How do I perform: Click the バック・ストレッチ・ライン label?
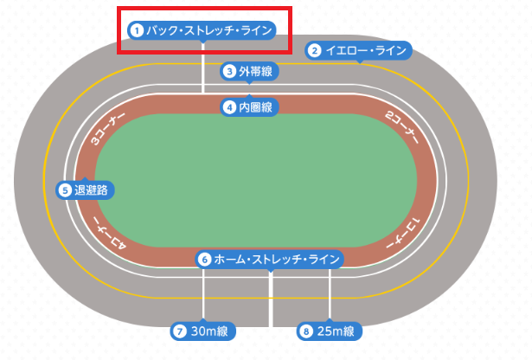click(x=209, y=30)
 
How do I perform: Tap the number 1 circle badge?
click(x=136, y=30)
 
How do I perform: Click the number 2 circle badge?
click(x=316, y=50)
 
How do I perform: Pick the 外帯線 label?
click(x=255, y=71)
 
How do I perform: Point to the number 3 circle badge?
click(x=230, y=71)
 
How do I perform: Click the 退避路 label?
click(x=92, y=189)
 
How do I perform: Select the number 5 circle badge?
click(x=66, y=189)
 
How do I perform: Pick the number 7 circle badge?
click(x=180, y=331)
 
